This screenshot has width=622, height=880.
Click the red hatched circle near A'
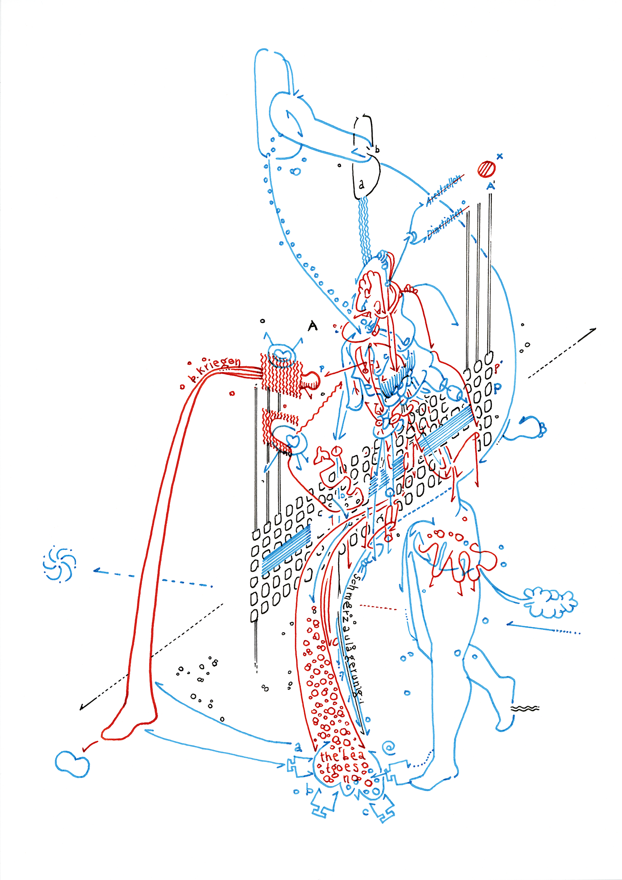(x=487, y=169)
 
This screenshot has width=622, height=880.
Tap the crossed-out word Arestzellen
(x=444, y=190)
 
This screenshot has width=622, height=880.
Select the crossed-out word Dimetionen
(x=445, y=224)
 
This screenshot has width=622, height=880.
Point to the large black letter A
(x=312, y=326)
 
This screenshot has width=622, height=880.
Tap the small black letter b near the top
(x=377, y=150)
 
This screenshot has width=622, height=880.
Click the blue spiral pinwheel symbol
(x=59, y=564)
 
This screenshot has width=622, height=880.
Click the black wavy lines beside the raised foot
(x=525, y=709)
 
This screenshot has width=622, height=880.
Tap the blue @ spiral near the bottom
(x=389, y=747)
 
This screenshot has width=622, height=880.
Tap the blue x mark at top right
(x=499, y=156)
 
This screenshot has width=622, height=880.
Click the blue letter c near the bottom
(x=365, y=812)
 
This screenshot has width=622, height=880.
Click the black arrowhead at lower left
(x=82, y=708)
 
